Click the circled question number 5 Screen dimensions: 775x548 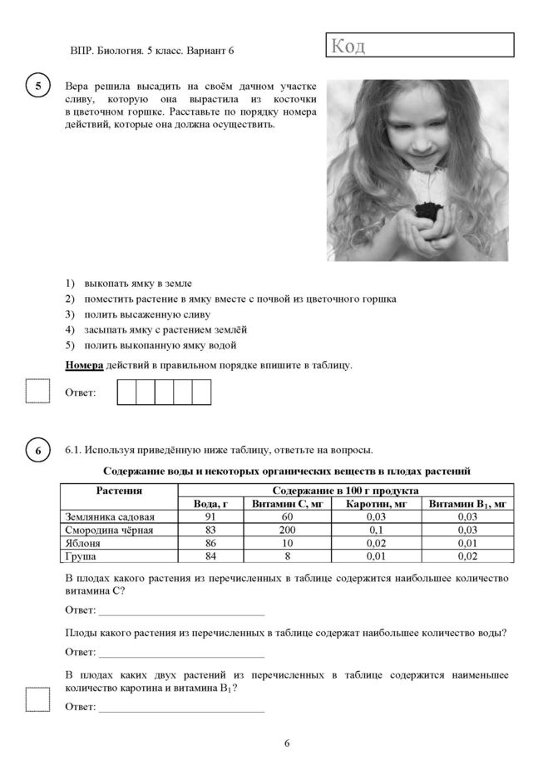point(38,86)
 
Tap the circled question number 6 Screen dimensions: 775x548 point(38,451)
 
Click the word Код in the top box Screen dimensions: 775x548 point(348,46)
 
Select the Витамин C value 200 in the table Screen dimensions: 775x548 point(288,530)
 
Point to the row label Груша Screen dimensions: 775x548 point(80,555)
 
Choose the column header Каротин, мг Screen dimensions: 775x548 point(377,504)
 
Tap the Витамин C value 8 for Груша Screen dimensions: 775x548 point(288,555)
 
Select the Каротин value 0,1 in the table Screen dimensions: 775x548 point(377,530)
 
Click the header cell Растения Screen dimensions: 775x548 point(119,491)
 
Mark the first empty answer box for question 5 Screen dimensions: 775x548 point(126,392)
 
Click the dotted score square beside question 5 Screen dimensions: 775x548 point(38,391)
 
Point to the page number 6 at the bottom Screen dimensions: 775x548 point(287,743)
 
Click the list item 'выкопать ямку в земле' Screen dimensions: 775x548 point(143,284)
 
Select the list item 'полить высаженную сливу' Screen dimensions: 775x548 point(146,314)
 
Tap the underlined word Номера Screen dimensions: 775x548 point(84,364)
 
